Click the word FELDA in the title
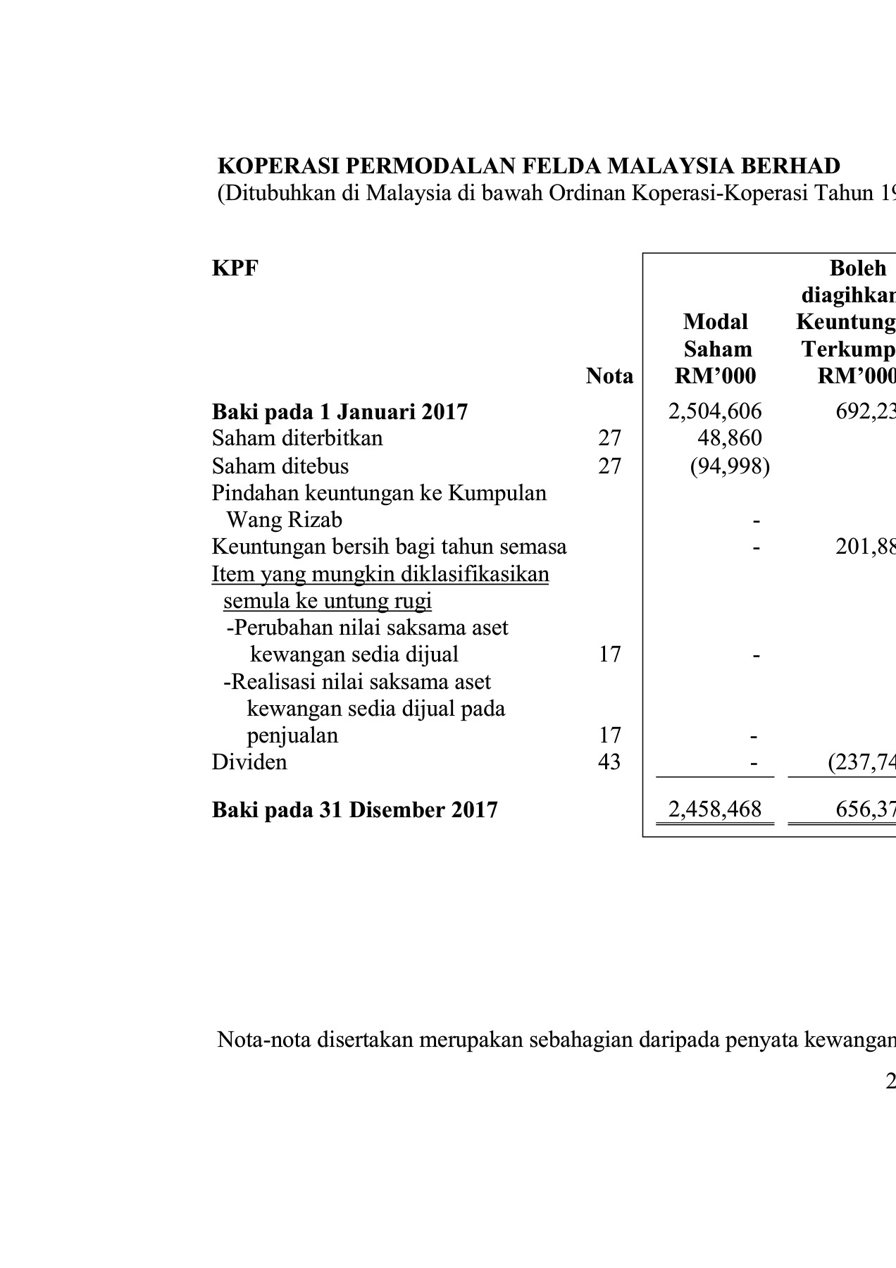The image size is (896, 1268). (x=561, y=166)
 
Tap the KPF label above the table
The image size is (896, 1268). (x=235, y=268)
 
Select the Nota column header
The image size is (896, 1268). (x=609, y=376)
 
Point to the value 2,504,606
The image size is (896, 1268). (x=715, y=411)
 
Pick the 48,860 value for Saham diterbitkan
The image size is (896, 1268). (x=730, y=438)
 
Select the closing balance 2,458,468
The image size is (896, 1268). (x=715, y=809)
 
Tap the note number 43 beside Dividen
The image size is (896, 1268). (x=609, y=762)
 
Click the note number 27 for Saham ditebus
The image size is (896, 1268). (x=609, y=466)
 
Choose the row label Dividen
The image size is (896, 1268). (x=249, y=762)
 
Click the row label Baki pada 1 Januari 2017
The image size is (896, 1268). (x=340, y=411)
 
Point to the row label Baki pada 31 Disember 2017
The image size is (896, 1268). (x=354, y=809)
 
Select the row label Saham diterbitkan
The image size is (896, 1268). (x=297, y=438)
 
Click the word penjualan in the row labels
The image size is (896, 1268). (x=292, y=735)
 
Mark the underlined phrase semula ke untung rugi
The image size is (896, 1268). (x=328, y=601)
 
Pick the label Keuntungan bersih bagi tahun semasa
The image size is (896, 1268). (x=389, y=547)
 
